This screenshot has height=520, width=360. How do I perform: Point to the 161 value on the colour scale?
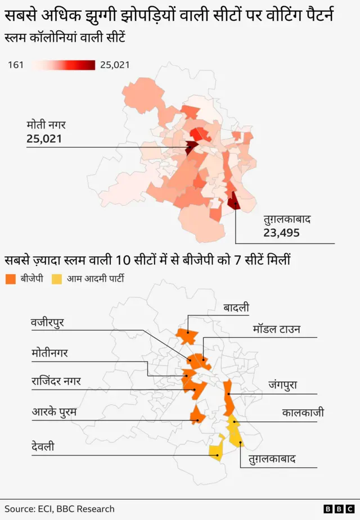(16, 65)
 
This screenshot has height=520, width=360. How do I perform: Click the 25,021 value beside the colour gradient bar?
(115, 65)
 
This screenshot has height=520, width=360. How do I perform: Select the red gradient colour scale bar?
(63, 65)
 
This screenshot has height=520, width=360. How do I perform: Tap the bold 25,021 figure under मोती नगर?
(44, 139)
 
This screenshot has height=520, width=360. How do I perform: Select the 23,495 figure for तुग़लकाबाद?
(281, 233)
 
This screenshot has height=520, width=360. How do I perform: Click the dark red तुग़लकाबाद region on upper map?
(233, 202)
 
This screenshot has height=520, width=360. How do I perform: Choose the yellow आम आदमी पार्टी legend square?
(57, 278)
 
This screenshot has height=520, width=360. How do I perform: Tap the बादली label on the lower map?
(236, 308)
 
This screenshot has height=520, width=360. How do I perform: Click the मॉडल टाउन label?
(276, 329)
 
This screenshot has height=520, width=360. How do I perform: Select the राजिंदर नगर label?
(56, 381)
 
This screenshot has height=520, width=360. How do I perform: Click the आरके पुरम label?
(54, 412)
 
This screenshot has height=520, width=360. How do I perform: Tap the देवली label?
(43, 447)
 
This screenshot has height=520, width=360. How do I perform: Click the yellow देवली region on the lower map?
(215, 451)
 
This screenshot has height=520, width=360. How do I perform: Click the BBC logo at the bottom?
(339, 509)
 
